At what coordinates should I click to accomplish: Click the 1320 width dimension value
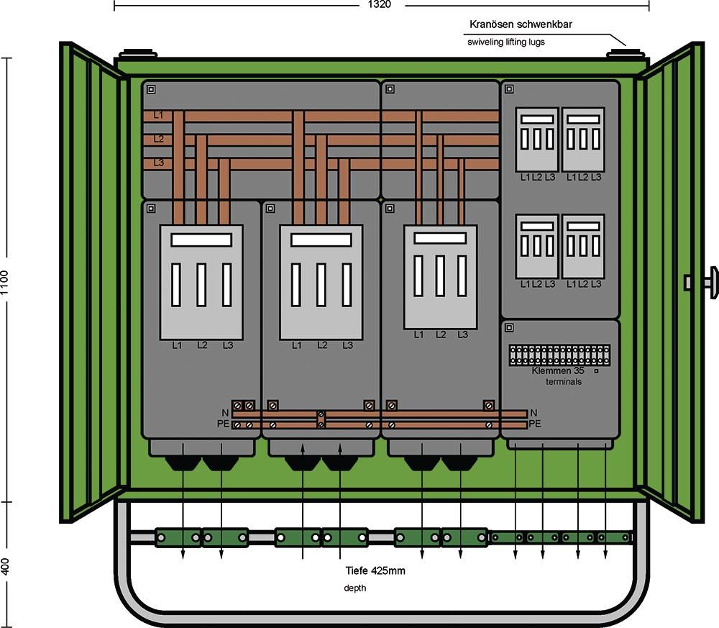[381, 5]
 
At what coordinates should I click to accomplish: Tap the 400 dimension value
[5, 566]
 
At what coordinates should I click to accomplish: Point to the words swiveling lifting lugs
[506, 42]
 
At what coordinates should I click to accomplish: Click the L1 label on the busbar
[158, 115]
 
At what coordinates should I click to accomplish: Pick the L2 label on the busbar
[158, 139]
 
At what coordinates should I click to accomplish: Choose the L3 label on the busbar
[158, 163]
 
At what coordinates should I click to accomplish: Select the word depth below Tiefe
[354, 588]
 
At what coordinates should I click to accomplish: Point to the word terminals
[563, 382]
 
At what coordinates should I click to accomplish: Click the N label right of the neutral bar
[533, 413]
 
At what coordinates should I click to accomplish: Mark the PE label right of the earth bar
[535, 424]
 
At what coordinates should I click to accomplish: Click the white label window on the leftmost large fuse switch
[201, 240]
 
